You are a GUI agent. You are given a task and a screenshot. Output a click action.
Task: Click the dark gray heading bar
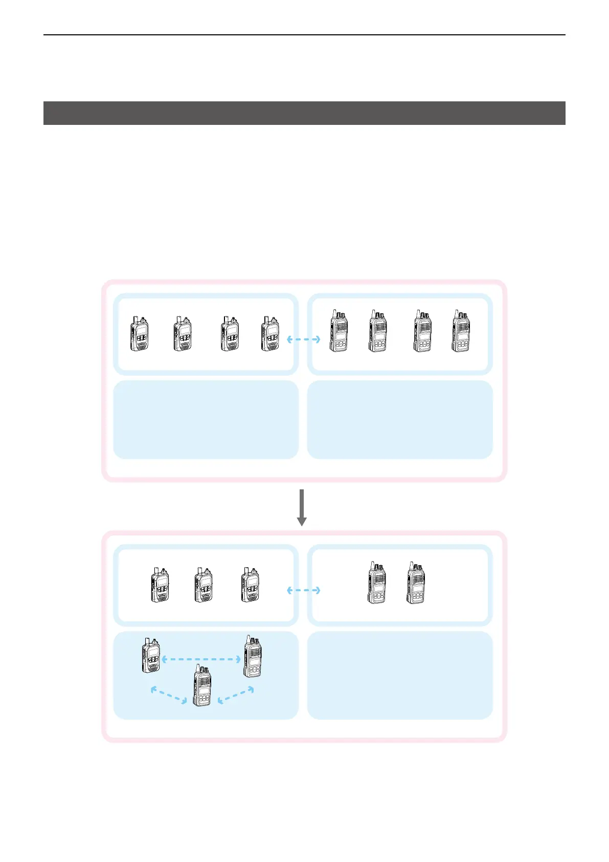pyautogui.click(x=304, y=113)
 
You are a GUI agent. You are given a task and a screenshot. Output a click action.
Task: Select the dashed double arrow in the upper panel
pyautogui.click(x=303, y=339)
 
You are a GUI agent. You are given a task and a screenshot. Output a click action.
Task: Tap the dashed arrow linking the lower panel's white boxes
pyautogui.click(x=303, y=590)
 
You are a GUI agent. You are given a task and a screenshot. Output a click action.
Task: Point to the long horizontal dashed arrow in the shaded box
pyautogui.click(x=201, y=660)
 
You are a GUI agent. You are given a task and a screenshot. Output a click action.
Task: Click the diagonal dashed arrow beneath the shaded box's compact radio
pyautogui.click(x=169, y=696)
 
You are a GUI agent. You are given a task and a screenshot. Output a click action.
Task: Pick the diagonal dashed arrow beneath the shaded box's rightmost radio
pyautogui.click(x=236, y=696)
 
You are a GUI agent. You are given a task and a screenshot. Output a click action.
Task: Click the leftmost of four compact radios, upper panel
pyautogui.click(x=140, y=334)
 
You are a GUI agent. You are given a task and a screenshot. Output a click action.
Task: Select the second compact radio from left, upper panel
pyautogui.click(x=183, y=334)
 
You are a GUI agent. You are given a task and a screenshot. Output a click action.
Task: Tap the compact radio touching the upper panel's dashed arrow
pyautogui.click(x=270, y=334)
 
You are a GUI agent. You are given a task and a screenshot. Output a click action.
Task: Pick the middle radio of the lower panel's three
pyautogui.click(x=204, y=585)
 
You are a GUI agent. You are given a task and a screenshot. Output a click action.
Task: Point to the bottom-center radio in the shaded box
pyautogui.click(x=202, y=686)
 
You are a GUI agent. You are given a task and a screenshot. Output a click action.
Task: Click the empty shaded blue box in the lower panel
pyautogui.click(x=400, y=675)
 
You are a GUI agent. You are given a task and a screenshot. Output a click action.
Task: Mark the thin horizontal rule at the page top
pyautogui.click(x=304, y=35)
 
